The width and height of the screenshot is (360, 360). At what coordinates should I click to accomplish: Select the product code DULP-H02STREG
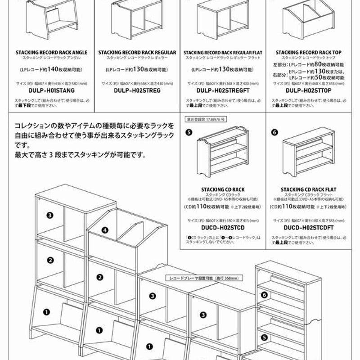(x=137, y=90)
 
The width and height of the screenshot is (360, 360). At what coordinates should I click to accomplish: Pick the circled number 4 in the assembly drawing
(x=105, y=229)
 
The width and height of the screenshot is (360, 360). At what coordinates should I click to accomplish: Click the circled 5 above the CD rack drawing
(x=189, y=132)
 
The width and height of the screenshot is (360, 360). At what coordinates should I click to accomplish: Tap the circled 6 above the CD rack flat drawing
(x=274, y=132)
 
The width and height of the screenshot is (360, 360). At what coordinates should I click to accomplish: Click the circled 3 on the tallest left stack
(x=49, y=215)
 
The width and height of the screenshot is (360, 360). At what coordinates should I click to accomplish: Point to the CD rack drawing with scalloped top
(x=222, y=153)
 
